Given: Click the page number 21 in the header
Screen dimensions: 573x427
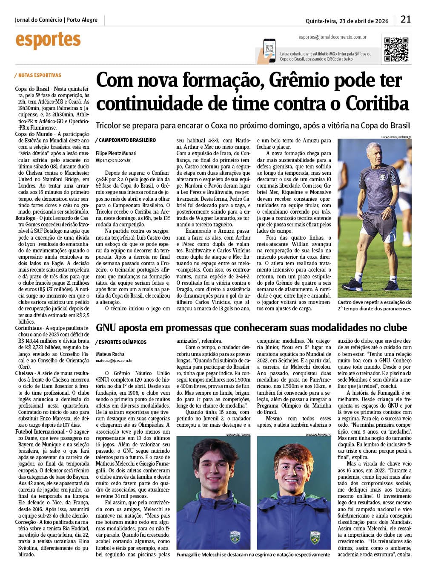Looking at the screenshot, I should tap(406, 19).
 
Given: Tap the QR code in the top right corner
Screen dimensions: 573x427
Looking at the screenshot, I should tap(396, 49).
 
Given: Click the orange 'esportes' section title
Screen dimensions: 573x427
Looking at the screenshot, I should tap(48, 41).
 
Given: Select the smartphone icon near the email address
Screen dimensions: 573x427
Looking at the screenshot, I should tap(269, 51).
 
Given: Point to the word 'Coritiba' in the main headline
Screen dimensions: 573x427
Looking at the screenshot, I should tap(377, 104).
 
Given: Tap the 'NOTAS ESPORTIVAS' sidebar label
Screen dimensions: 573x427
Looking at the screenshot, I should tap(39, 75).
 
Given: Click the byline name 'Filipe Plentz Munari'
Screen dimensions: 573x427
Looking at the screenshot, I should tap(116, 153).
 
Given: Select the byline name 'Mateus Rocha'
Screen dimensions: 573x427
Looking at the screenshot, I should tap(110, 354).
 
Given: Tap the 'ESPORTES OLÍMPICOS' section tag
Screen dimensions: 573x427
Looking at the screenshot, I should tap(123, 342).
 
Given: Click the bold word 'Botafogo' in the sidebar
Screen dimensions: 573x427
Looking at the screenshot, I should tap(25, 218).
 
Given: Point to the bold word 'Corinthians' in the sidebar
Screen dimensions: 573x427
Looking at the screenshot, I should tap(29, 328).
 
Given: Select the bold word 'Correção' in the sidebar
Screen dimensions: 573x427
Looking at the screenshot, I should tap(26, 522).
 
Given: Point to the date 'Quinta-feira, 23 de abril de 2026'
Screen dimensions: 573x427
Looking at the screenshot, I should tap(347, 21).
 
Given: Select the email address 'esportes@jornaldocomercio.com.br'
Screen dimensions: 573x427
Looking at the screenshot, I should tap(332, 38).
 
